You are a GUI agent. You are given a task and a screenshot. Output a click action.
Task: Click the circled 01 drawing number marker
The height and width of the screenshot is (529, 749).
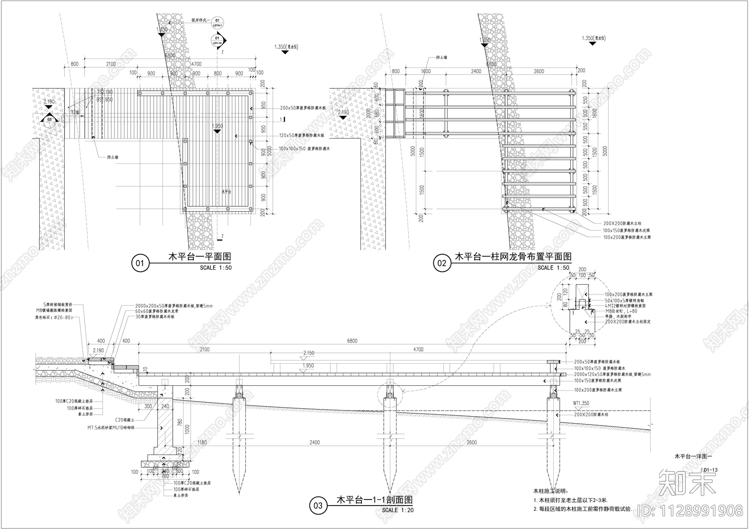pos(140,264)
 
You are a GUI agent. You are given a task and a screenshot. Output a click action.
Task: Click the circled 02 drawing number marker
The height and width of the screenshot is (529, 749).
pos(441,264)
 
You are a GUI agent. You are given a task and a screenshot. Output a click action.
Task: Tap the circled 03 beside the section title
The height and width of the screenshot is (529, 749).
pos(318,506)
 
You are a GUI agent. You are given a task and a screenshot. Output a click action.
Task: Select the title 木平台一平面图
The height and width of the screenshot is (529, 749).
pos(199,257)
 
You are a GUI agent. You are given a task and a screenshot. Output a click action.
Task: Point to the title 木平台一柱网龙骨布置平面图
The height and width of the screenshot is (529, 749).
pos(514,257)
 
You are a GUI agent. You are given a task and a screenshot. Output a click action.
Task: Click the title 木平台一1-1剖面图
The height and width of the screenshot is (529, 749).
pos(375,500)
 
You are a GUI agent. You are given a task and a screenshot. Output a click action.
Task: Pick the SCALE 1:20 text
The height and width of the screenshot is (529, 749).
pos(397,510)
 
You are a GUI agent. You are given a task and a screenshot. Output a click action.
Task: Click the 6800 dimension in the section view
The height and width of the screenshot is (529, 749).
pos(352,341)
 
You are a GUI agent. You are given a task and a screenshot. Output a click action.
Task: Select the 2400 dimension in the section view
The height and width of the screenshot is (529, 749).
pos(314,442)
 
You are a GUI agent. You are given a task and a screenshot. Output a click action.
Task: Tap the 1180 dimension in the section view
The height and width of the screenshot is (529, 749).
pos(202,442)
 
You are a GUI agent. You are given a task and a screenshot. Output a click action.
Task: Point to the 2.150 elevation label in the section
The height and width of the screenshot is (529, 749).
pos(309,353)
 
